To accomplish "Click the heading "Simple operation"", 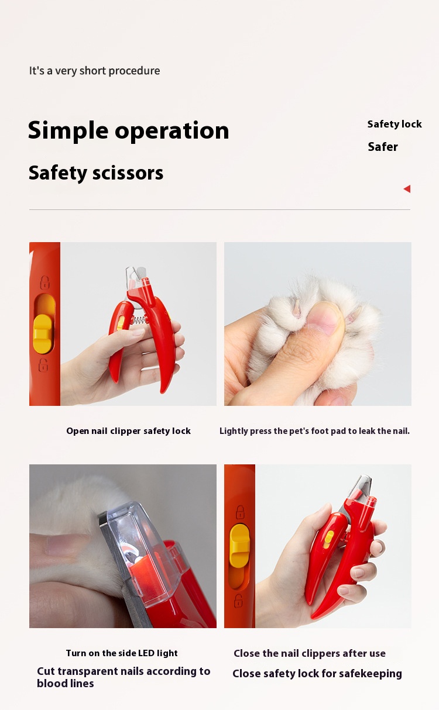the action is click(x=128, y=130).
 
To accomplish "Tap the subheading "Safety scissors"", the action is click(x=96, y=173).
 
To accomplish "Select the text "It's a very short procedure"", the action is click(x=94, y=71).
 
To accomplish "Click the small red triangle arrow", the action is click(x=407, y=189).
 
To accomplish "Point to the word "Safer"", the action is click(x=383, y=147).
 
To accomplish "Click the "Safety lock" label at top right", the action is click(x=395, y=124).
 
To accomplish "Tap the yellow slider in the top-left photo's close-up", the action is click(x=43, y=334).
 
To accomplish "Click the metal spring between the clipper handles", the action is click(x=139, y=320).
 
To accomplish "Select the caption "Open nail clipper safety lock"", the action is click(x=128, y=431).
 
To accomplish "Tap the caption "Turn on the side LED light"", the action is click(x=122, y=653).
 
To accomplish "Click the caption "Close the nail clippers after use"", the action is click(x=310, y=653).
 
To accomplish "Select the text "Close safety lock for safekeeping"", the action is click(x=317, y=674).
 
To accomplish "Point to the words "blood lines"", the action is click(x=66, y=684).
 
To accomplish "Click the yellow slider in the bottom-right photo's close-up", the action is click(x=239, y=546).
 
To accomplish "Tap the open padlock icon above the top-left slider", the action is click(x=45, y=282).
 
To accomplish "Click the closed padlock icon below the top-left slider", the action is click(x=43, y=365).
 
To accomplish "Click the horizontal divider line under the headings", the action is click(x=220, y=209).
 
